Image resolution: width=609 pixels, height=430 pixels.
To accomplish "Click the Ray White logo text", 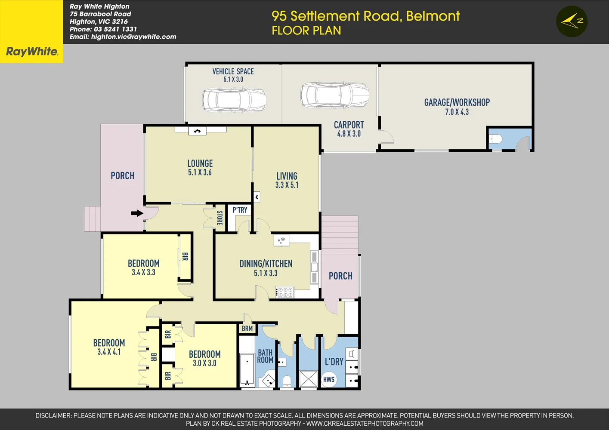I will (x=31, y=52).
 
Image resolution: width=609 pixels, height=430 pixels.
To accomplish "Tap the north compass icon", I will (x=572, y=21).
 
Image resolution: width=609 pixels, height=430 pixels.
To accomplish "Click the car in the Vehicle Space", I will (x=234, y=100).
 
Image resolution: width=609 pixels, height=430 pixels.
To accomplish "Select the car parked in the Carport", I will (x=334, y=95).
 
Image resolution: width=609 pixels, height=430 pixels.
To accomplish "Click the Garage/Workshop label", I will (x=457, y=102).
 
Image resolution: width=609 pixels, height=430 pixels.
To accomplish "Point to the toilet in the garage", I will (x=496, y=139).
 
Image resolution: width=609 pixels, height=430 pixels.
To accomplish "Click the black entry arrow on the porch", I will (x=137, y=213).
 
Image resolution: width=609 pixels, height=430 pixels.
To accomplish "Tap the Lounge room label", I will (x=200, y=164).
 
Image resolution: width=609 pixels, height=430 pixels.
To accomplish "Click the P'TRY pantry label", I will (x=240, y=210).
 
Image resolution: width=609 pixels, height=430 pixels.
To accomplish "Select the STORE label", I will (x=219, y=218).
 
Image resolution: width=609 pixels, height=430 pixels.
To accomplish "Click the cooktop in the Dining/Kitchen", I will (x=285, y=292).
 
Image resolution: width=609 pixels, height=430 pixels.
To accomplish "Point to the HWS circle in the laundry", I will (x=329, y=379).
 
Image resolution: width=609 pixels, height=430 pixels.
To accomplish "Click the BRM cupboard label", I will (x=247, y=329).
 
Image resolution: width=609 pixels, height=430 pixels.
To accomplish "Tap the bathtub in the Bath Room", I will (x=247, y=369).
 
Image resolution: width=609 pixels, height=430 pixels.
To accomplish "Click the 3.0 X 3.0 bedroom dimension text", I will (x=204, y=363).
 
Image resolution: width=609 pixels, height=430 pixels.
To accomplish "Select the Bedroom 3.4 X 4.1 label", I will (x=109, y=343).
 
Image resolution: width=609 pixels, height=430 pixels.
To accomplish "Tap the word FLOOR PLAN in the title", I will (x=306, y=31).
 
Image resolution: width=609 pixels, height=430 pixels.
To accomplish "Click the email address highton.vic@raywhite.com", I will (x=133, y=37).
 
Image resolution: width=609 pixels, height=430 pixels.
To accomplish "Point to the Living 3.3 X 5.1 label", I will (x=287, y=176).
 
